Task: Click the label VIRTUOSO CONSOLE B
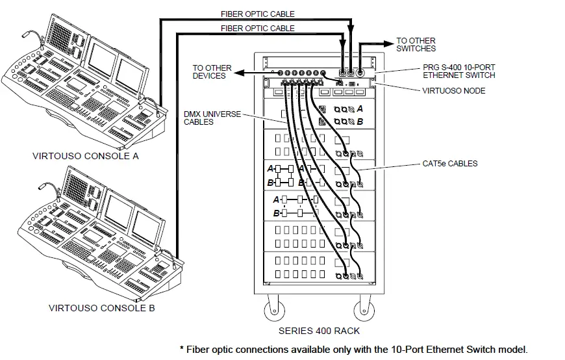[102, 307]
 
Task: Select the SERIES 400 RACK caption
[319, 331]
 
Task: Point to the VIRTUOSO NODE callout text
[452, 91]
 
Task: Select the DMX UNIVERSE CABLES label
[212, 118]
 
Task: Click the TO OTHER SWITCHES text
[416, 45]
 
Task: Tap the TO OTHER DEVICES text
[209, 71]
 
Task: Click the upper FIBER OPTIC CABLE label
[258, 14]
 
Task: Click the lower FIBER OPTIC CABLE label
[258, 28]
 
